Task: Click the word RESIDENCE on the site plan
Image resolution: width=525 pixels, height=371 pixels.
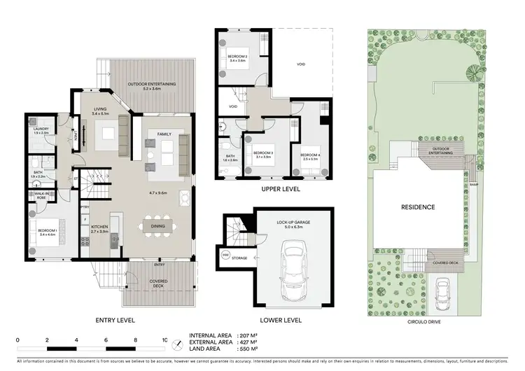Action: pyautogui.click(x=418, y=207)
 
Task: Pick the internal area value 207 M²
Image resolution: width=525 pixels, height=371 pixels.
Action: pyautogui.click(x=248, y=335)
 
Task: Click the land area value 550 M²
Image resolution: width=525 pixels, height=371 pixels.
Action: pyautogui.click(x=248, y=349)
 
